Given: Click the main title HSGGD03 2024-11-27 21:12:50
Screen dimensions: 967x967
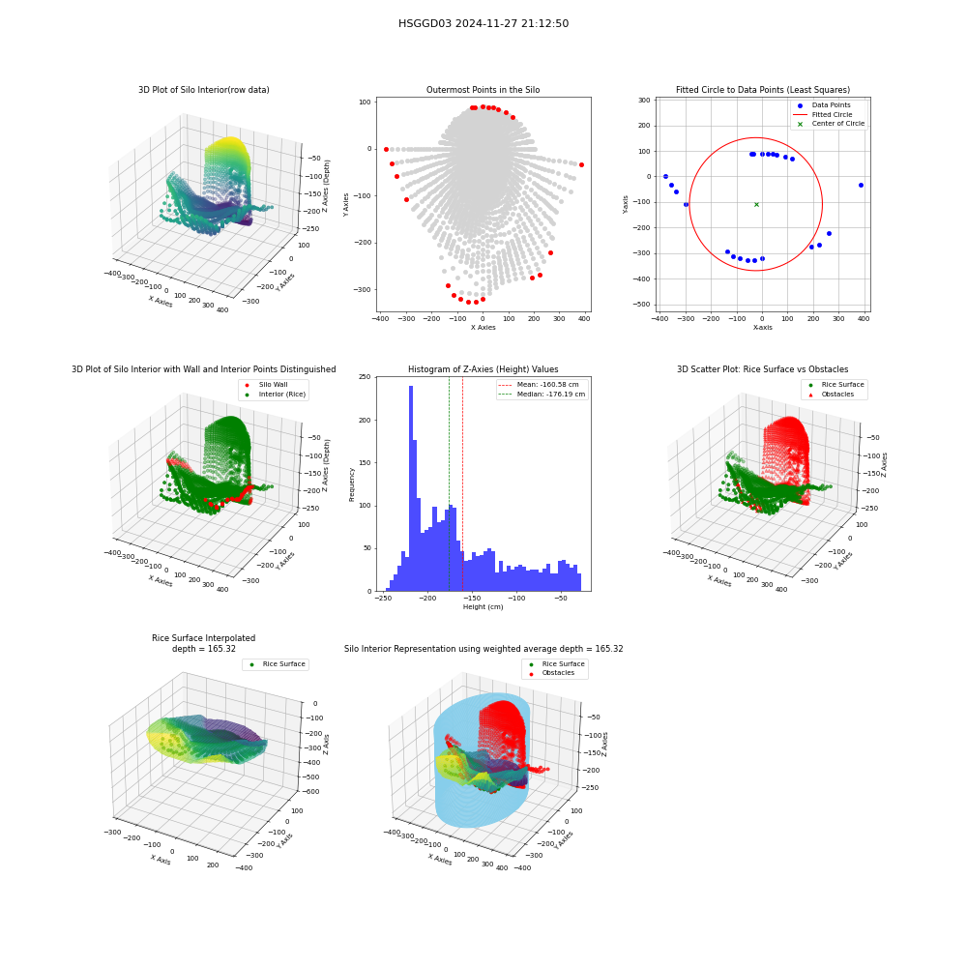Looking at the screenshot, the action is [483, 23].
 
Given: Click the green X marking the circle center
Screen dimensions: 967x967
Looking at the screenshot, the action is [757, 204].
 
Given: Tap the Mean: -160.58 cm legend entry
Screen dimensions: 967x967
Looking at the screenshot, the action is [539, 384].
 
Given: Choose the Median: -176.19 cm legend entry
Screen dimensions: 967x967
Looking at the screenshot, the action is [542, 395].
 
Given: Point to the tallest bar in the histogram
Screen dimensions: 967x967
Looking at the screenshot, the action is [411, 488].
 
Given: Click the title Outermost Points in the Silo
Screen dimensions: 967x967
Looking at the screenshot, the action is [483, 90].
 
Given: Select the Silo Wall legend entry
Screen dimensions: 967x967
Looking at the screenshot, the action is [266, 384].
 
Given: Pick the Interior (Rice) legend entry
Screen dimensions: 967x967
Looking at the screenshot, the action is [275, 395].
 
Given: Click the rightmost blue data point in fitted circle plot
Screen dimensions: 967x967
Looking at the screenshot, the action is [861, 185].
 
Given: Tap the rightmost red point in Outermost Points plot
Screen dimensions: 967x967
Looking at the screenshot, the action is [581, 164].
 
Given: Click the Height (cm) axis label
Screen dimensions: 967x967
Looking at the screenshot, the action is [483, 607].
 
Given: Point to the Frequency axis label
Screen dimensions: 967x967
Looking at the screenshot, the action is [352, 484].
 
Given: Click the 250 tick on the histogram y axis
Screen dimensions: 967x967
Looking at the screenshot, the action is [366, 377].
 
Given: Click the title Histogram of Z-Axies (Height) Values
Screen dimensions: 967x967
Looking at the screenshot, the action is [483, 369].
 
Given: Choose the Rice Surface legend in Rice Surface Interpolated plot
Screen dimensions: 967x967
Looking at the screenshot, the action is [277, 664].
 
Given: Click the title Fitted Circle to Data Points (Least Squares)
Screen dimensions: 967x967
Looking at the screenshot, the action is [763, 90].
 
